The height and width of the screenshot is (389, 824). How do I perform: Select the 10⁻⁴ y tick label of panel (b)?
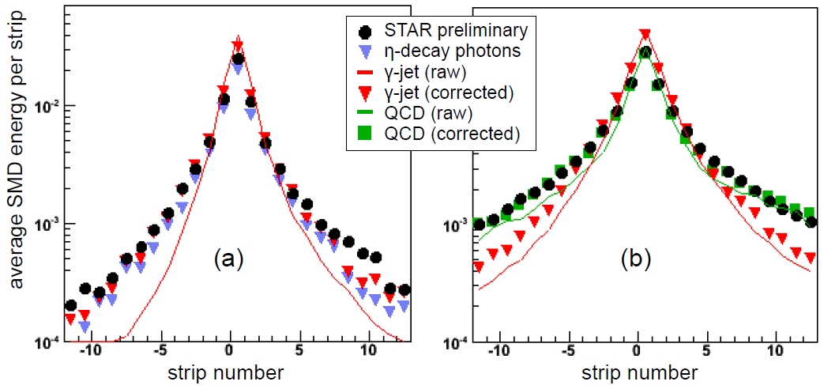pos(459,343)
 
